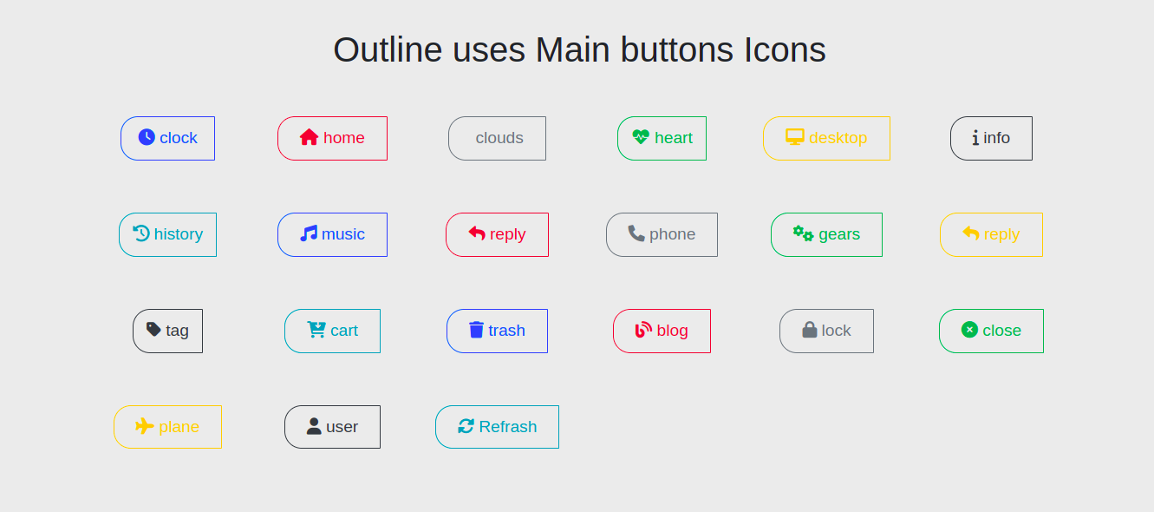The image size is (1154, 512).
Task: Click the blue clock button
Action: pos(167,138)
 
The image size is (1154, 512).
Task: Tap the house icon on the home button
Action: pos(310,137)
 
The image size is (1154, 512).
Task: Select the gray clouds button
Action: pos(497,138)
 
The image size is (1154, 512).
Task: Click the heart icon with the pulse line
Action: pos(641,137)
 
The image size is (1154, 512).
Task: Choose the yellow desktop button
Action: pos(826,138)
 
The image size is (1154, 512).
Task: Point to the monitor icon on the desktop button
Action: pos(795,137)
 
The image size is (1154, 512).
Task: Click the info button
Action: pos(991,138)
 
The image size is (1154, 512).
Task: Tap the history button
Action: pos(167,234)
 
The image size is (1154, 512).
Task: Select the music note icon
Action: pos(309,233)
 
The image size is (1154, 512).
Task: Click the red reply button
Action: pos(497,234)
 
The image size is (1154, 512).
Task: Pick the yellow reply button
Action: pos(991,234)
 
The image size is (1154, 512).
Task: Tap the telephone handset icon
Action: pos(636,233)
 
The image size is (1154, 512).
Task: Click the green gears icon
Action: pos(803,233)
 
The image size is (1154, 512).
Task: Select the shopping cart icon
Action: pos(316,330)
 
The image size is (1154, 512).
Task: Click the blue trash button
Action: pos(497,331)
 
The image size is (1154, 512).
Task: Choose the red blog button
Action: pos(662,331)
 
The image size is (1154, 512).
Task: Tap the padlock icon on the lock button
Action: pos(810,330)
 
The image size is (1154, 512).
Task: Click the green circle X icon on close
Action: pos(969,330)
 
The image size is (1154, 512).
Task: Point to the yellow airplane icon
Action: pos(145,426)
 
